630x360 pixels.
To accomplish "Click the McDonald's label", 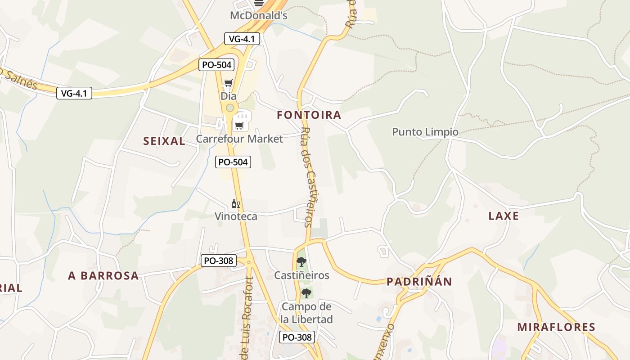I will tap(258, 15).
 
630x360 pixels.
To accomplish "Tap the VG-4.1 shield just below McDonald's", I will tap(242, 39).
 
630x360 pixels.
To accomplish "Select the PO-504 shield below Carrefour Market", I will tap(233, 162).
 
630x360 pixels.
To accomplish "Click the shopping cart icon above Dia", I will tap(228, 83).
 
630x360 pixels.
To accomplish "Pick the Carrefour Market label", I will tap(239, 139).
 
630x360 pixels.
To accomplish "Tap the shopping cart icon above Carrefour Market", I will tap(239, 126).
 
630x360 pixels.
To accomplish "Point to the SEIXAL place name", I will tap(164, 141).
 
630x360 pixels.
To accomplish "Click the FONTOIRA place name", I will tap(309, 115).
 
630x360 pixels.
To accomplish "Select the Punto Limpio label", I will tap(425, 132).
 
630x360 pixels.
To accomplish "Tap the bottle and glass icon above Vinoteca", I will tap(236, 204).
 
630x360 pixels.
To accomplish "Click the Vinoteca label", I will tap(236, 216).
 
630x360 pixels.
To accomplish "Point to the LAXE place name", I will tap(504, 216).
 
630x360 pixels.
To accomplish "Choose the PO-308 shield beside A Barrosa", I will tap(218, 261).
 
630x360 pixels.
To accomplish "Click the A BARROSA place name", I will tap(103, 276).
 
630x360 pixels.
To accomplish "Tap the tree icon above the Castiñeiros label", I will tap(301, 261).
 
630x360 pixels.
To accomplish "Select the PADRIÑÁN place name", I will tap(419, 282).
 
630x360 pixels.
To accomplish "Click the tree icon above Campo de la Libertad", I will tap(306, 293).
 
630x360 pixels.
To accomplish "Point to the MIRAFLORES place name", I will tap(556, 327).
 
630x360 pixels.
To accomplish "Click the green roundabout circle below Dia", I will tap(230, 108).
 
